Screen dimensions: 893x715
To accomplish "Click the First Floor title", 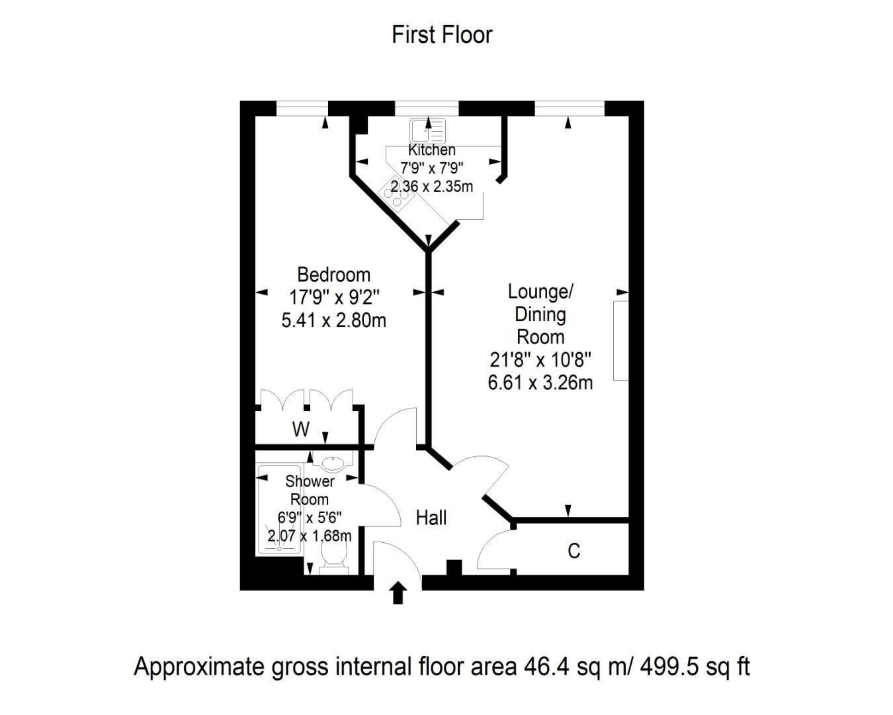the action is (x=442, y=35).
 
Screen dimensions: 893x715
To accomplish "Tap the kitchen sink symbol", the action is (x=427, y=131).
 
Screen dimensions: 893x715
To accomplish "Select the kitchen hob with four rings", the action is (x=396, y=195).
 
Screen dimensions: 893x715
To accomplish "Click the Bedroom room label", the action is (x=333, y=275).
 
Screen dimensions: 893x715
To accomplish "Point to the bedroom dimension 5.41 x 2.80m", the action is (x=333, y=320).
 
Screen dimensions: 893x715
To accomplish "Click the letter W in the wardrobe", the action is (x=301, y=430).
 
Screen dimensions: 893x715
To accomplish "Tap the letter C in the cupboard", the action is (x=574, y=551).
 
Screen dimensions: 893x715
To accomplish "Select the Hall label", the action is (x=431, y=518).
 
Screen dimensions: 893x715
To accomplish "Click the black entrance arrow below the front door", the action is (x=398, y=593).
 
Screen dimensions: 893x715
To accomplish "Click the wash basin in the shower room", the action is (x=333, y=463).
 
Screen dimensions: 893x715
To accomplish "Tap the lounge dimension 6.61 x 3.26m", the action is (x=540, y=383).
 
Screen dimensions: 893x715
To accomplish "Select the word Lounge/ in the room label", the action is (x=540, y=292).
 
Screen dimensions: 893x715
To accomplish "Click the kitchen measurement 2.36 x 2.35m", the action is (x=431, y=187).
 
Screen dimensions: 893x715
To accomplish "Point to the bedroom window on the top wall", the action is (x=302, y=109).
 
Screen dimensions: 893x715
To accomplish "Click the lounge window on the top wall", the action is (x=570, y=109).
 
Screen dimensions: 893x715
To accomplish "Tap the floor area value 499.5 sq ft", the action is (x=695, y=667).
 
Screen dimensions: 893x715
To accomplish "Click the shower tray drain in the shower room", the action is (x=279, y=548).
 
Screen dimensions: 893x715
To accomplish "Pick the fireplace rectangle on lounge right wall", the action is (x=620, y=340).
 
